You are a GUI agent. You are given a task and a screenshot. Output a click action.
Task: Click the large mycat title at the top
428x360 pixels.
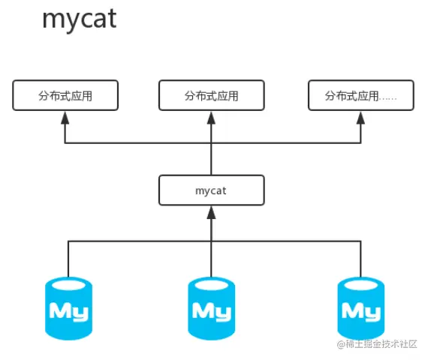pos(80,19)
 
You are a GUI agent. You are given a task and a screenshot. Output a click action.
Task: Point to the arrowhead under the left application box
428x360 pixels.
pos(65,118)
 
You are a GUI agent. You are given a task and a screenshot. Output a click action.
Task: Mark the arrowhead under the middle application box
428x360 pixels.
pos(212,118)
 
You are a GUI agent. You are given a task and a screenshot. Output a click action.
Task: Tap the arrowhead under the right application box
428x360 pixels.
pos(361,118)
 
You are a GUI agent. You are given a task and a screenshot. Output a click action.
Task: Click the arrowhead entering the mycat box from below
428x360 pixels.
pos(212,212)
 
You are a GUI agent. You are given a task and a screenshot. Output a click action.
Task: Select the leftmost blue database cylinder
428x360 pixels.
pos(68,308)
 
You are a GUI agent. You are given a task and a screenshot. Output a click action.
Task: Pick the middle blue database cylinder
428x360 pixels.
pos(212,308)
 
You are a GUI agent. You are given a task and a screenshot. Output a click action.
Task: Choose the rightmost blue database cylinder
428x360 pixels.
pos(361,308)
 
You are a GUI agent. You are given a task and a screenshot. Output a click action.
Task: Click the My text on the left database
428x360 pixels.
pos(69,312)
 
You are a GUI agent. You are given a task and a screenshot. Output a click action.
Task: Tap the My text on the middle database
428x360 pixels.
pos(212,312)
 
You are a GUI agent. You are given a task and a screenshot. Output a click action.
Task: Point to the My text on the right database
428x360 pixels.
pos(361,312)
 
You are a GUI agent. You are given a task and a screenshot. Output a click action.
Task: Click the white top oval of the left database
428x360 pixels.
pos(68,285)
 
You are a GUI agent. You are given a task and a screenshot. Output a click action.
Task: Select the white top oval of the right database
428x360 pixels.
pos(361,285)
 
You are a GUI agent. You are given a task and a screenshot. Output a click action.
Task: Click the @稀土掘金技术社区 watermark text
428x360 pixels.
pos(377,344)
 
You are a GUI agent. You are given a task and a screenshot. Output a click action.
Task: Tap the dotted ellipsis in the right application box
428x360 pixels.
pos(388,99)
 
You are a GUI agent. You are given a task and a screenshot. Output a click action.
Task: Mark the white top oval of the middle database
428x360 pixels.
pos(212,285)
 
